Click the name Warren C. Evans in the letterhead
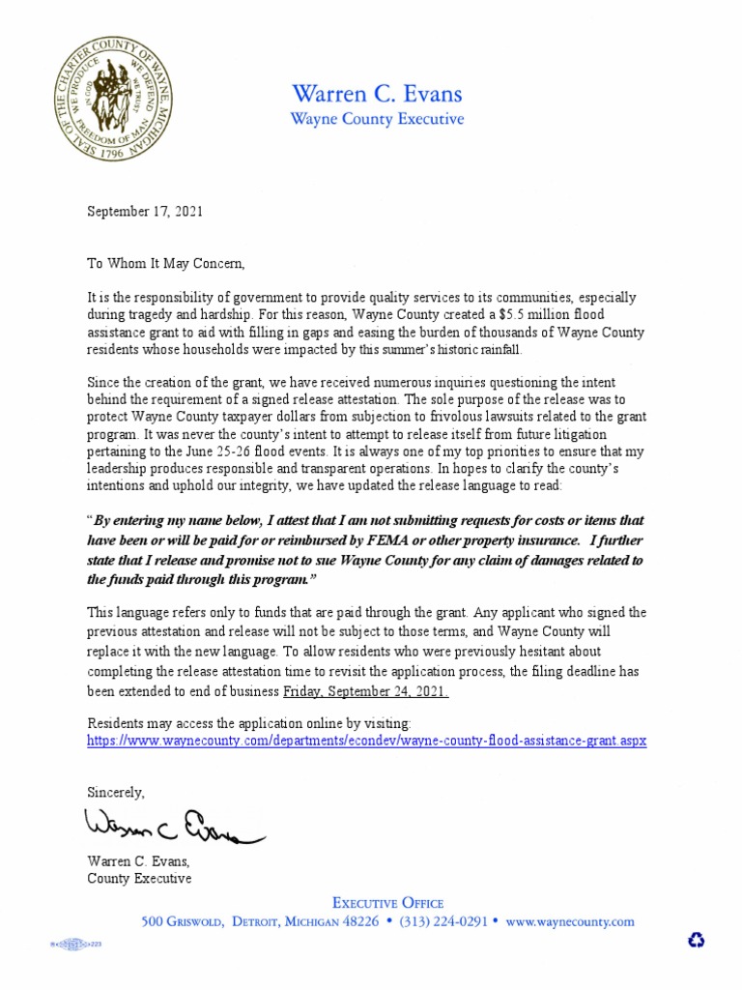click(377, 94)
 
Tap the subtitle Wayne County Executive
click(377, 120)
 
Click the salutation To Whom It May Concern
click(167, 263)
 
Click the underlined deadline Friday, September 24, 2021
click(365, 693)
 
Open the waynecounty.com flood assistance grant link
click(366, 741)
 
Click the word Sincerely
click(116, 792)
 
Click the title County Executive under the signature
click(139, 878)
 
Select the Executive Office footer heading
click(388, 902)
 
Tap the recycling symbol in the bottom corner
click(696, 940)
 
